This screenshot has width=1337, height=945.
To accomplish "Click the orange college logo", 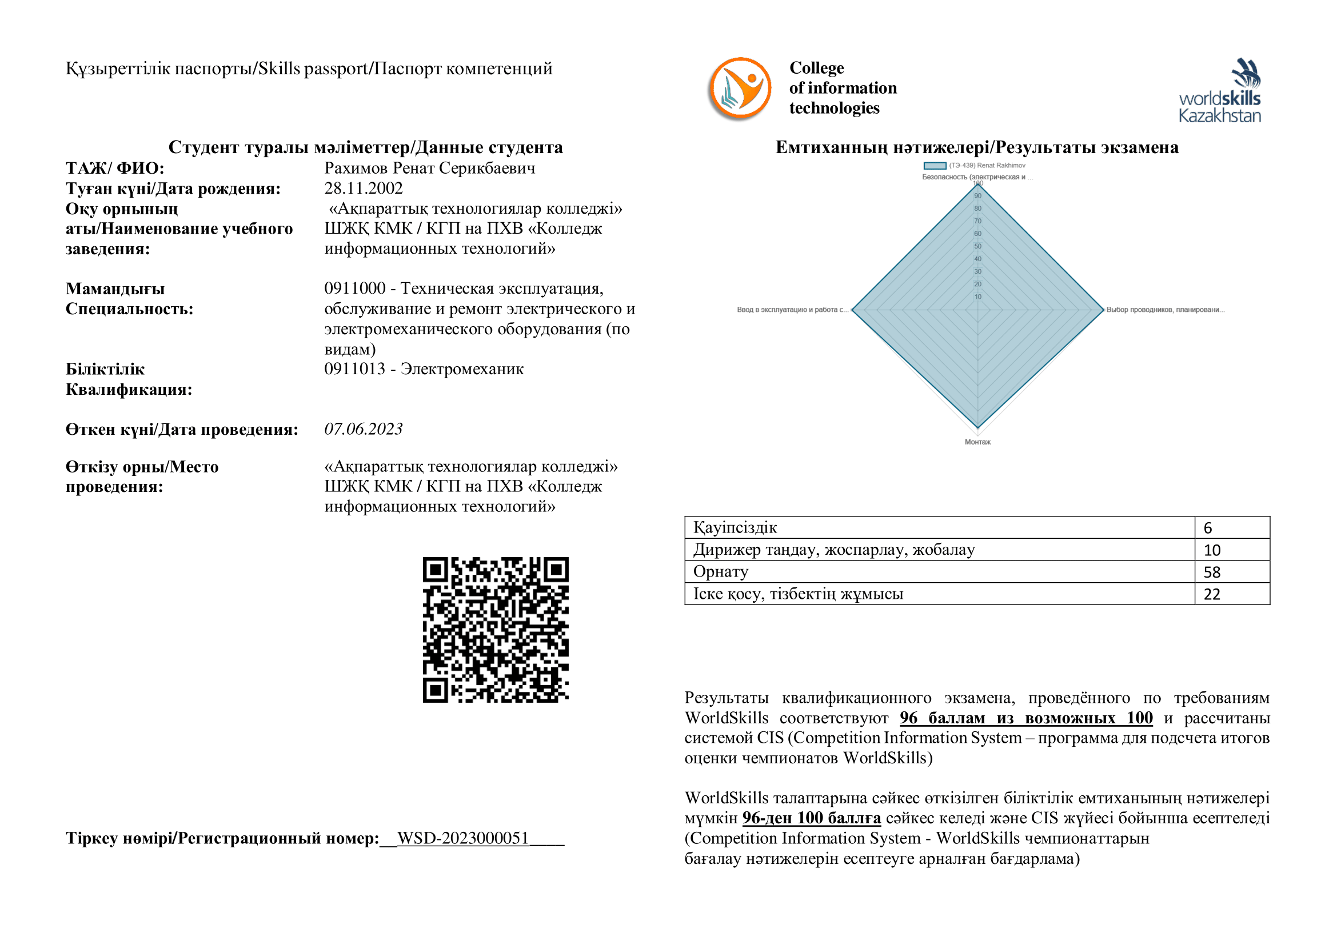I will click(x=740, y=89).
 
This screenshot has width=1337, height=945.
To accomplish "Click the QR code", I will click(x=496, y=630).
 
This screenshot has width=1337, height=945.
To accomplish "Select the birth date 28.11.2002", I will click(x=364, y=189).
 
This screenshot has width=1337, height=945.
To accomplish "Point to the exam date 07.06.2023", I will click(x=364, y=429).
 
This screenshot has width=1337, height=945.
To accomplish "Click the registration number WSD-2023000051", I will click(x=463, y=838).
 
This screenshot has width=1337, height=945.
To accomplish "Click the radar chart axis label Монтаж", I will click(x=977, y=442).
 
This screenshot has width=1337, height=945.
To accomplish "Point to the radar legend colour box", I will click(x=935, y=166).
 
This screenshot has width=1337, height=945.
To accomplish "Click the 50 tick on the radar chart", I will click(x=977, y=246).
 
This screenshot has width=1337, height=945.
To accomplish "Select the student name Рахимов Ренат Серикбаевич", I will click(x=430, y=168).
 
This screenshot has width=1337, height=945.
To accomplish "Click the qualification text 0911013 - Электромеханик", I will click(x=424, y=369).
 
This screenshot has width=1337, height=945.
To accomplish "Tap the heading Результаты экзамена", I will click(x=977, y=147).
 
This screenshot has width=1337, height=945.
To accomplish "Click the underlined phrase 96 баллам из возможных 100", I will click(x=1026, y=718).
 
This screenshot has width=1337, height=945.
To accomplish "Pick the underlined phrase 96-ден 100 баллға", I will click(x=811, y=818).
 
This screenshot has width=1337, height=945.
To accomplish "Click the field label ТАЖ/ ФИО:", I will click(x=115, y=168).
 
